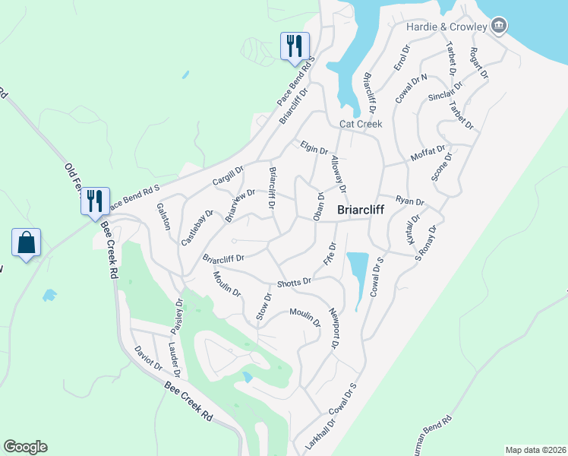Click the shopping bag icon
[x=27, y=243]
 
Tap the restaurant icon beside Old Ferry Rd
[x=95, y=201]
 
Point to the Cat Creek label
[x=361, y=123]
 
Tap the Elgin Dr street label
[x=314, y=150]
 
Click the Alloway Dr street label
[x=338, y=174]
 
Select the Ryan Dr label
[x=410, y=200]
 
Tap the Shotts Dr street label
[x=294, y=282]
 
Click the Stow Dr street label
[x=263, y=307]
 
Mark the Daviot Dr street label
[x=148, y=358]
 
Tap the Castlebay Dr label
[x=197, y=227]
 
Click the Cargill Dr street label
[x=228, y=178]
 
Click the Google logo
[x=25, y=447]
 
